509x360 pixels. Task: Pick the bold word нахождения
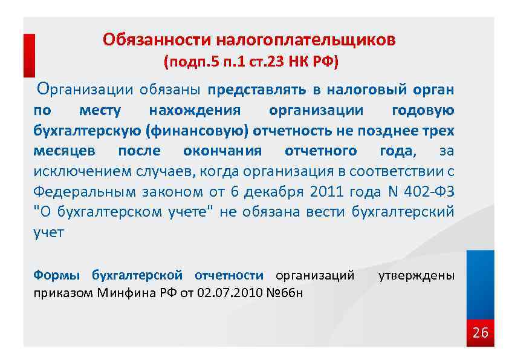(194, 111)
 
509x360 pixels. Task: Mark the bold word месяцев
(61, 151)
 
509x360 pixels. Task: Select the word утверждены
(416, 275)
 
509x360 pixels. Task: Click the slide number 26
(479, 333)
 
